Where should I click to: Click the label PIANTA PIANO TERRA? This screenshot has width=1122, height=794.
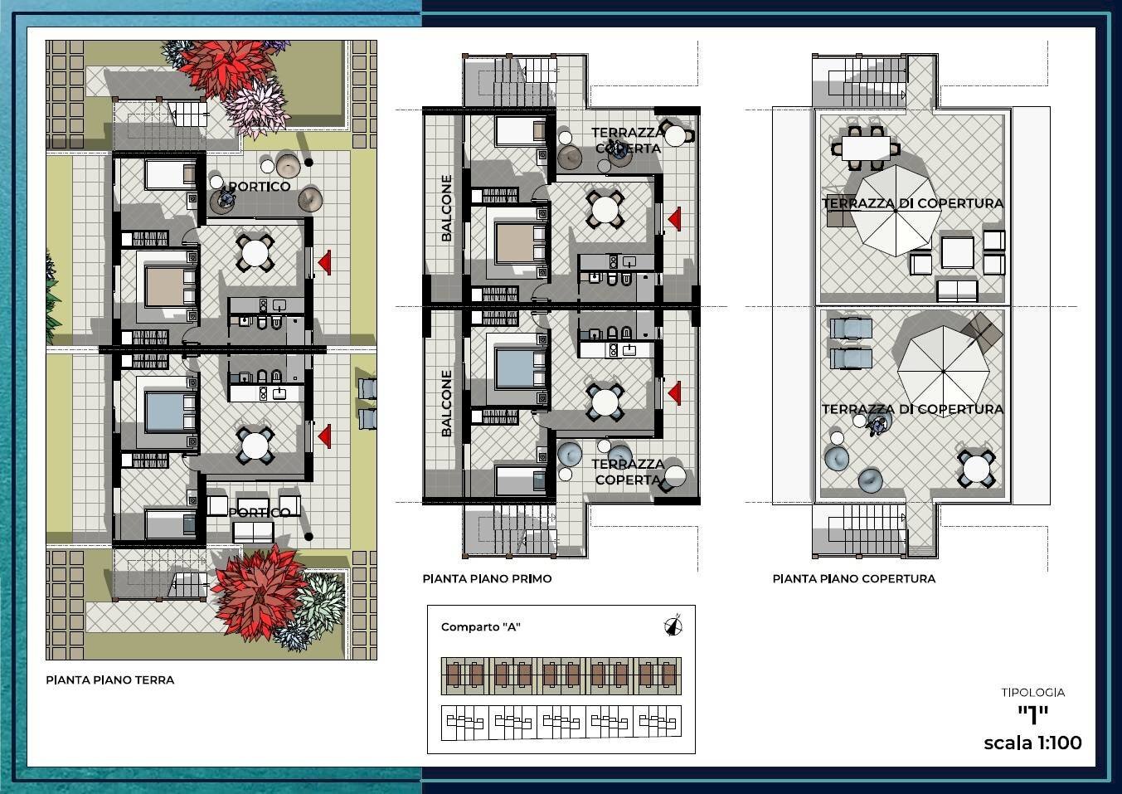click(110, 680)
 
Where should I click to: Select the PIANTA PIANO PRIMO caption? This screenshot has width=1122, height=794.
click(487, 579)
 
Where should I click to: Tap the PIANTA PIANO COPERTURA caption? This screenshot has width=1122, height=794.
click(854, 579)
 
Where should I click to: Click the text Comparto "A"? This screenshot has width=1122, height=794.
click(481, 627)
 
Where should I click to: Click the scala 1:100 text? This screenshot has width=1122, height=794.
click(1032, 743)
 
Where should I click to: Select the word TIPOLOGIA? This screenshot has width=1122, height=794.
click(1032, 693)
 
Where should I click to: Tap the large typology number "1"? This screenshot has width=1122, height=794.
click(1032, 715)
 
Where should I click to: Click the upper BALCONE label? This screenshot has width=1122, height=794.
click(446, 208)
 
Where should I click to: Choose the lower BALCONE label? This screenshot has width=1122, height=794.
click(446, 403)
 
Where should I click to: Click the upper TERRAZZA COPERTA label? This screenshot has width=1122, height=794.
click(628, 140)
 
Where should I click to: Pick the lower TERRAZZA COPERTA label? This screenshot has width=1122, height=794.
click(628, 472)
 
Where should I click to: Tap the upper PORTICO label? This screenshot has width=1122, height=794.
click(260, 187)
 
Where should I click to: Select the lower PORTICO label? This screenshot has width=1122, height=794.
click(260, 512)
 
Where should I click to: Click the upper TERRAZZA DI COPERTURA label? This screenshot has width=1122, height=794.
click(913, 203)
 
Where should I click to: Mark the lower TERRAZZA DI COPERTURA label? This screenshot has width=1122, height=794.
click(913, 409)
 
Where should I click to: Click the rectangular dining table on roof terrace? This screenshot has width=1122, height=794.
click(866, 149)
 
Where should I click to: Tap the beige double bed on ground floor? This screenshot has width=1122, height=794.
click(164, 286)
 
